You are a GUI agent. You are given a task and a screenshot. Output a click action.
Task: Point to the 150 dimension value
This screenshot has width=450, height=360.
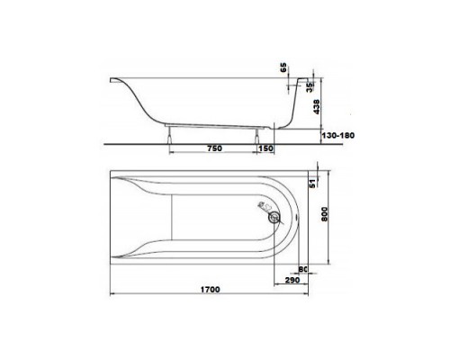[x=266, y=148]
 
